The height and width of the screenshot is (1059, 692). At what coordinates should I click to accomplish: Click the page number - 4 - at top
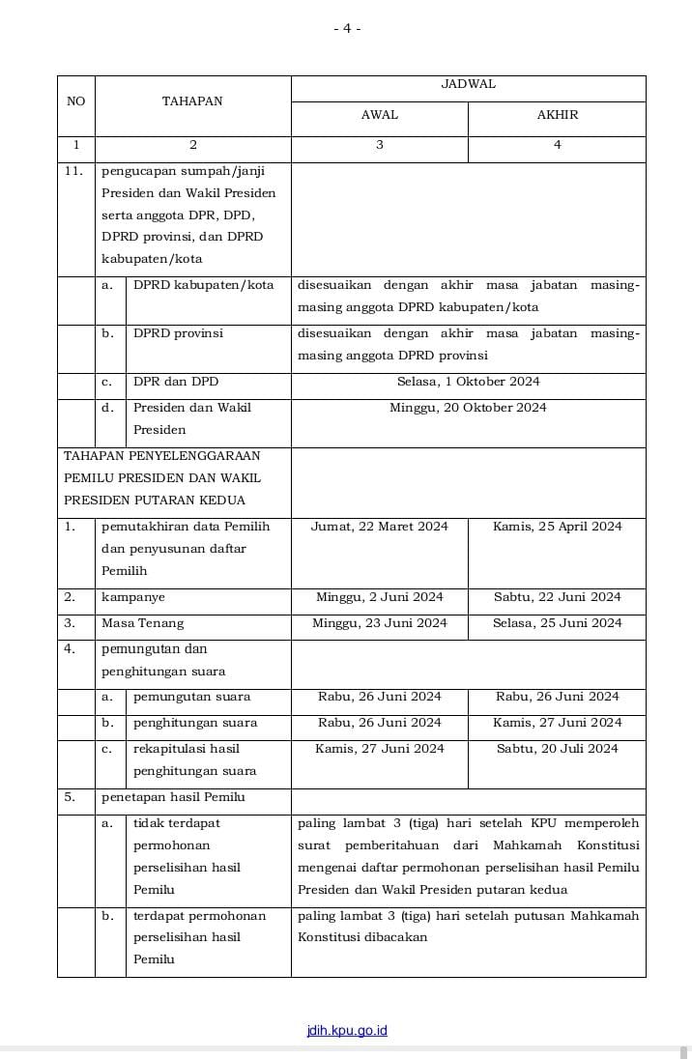tap(347, 29)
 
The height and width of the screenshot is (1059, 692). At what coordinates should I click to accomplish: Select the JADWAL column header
tap(468, 84)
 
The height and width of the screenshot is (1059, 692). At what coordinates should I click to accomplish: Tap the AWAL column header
tap(380, 115)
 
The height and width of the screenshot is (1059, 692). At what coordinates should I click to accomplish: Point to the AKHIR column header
tap(557, 115)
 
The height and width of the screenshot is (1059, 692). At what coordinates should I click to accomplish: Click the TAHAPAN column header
tap(192, 100)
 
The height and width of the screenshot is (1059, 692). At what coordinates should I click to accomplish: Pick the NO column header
tap(75, 100)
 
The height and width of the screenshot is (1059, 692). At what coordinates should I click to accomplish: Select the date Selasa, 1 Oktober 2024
tap(468, 382)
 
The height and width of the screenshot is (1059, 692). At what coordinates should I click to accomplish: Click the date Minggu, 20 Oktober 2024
tap(468, 408)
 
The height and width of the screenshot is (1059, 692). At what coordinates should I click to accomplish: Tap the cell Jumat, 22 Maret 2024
tap(380, 527)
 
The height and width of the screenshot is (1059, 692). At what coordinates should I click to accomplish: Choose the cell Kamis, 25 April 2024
tap(557, 527)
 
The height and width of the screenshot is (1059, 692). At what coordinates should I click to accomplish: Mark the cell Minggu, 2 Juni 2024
tap(380, 597)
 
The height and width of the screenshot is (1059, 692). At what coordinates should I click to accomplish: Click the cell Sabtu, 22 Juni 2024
tap(557, 597)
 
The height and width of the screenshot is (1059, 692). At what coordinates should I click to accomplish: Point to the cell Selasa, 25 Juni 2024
tap(557, 623)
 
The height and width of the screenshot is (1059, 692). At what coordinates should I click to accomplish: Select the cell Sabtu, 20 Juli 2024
tap(557, 749)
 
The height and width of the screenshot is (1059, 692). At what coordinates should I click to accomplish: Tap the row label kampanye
tap(133, 597)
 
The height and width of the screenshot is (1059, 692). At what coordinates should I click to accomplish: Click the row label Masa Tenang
tap(142, 623)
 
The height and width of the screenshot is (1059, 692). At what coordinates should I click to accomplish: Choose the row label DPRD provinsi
tap(178, 333)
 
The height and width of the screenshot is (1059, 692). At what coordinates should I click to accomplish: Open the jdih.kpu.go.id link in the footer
tap(346, 1030)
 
